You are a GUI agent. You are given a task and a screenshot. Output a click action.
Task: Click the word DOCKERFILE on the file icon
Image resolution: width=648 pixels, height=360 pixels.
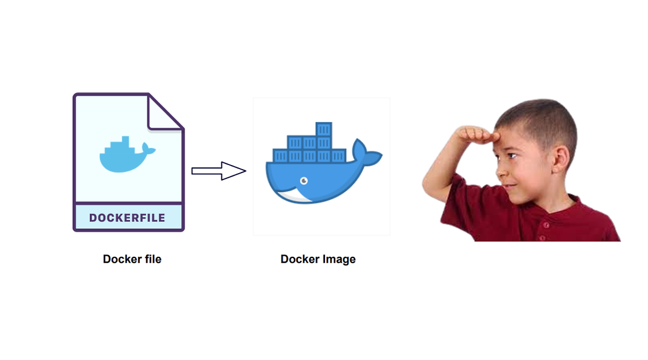pos(127,218)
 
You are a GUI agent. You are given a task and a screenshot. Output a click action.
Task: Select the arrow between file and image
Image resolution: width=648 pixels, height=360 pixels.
pos(219,171)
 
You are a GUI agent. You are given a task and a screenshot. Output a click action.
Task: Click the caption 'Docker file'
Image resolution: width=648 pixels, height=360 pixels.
pos(132,259)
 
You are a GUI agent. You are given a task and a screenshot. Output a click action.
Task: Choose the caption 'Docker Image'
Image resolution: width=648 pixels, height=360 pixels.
pos(318,259)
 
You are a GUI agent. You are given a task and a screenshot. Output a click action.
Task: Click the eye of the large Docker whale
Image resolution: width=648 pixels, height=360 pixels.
pos(304,180)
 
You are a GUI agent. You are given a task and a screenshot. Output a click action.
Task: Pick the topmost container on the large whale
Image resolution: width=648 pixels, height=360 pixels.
pos(323,130)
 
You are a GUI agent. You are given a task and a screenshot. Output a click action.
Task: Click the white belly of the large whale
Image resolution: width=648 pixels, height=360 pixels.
pos(294,196)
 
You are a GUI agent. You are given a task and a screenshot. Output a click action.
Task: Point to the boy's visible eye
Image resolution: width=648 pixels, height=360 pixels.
pos(512,155)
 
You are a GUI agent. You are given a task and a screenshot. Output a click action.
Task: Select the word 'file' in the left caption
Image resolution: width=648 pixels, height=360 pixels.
pos(151,259)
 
